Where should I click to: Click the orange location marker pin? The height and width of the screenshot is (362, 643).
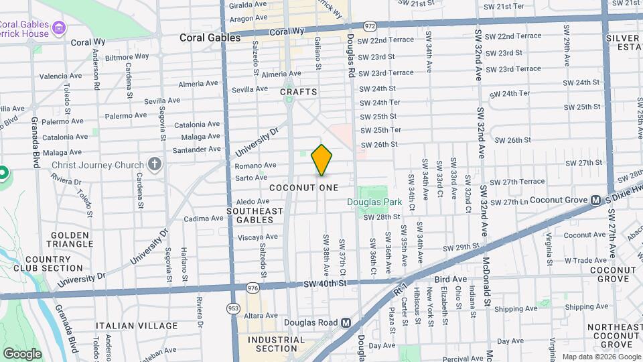click(322, 160)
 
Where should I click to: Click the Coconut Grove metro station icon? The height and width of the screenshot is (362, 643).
click(595, 200)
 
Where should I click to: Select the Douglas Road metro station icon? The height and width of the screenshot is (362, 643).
click(346, 322)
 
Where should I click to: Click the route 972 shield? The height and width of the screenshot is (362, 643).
click(370, 25)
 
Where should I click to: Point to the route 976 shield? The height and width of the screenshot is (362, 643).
click(253, 288)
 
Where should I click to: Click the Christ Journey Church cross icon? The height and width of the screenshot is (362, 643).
click(155, 164)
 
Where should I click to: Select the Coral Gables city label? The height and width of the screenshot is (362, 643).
click(210, 38)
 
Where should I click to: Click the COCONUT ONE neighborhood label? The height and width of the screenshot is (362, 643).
click(304, 188)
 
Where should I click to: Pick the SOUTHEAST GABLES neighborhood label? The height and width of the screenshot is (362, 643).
click(255, 215)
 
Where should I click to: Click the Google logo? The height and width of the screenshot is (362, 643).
click(22, 354)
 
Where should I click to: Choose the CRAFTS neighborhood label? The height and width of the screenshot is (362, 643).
click(298, 92)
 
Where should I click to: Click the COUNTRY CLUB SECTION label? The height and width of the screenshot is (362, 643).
click(54, 263)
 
